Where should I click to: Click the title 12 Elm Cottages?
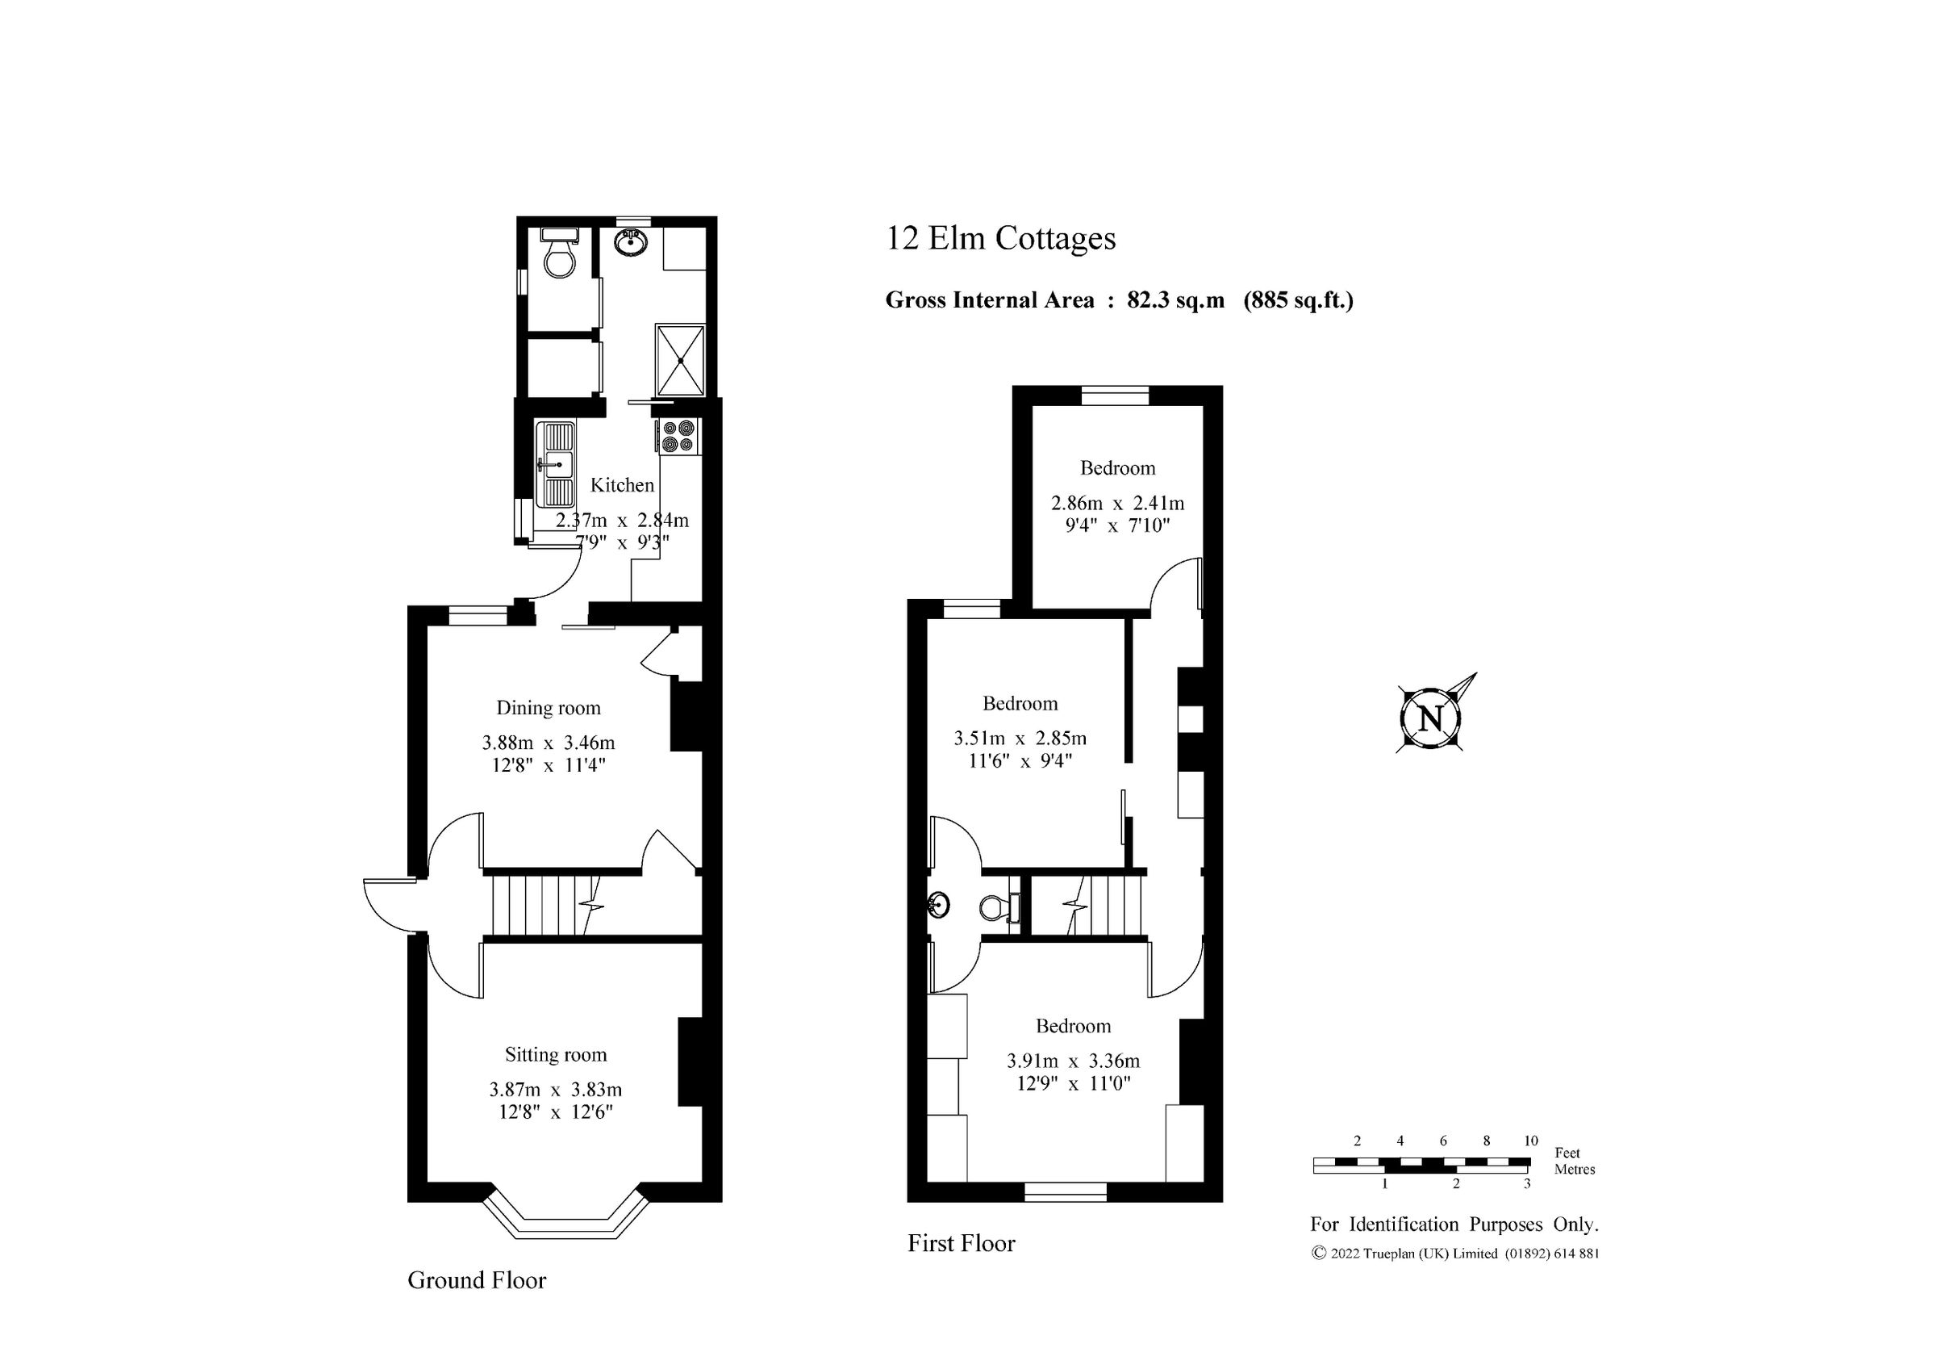tap(1000, 239)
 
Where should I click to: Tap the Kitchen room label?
tap(621, 485)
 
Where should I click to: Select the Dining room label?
tap(548, 708)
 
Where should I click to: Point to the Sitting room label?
tap(556, 1054)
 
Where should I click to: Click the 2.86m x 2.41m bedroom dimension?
tap(1117, 504)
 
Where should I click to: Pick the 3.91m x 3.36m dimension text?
tap(1073, 1061)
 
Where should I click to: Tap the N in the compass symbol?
tap(1431, 719)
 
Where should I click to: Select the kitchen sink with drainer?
tap(556, 464)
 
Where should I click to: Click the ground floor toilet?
tap(559, 258)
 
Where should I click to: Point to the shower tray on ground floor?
tap(680, 360)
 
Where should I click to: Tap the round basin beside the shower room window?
tap(632, 243)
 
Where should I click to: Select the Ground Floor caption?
tap(477, 1280)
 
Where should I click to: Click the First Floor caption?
tap(962, 1243)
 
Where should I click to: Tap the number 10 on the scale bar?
tap(1530, 1141)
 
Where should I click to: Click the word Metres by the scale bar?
tap(1575, 1169)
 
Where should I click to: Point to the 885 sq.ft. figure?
tap(1299, 300)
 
